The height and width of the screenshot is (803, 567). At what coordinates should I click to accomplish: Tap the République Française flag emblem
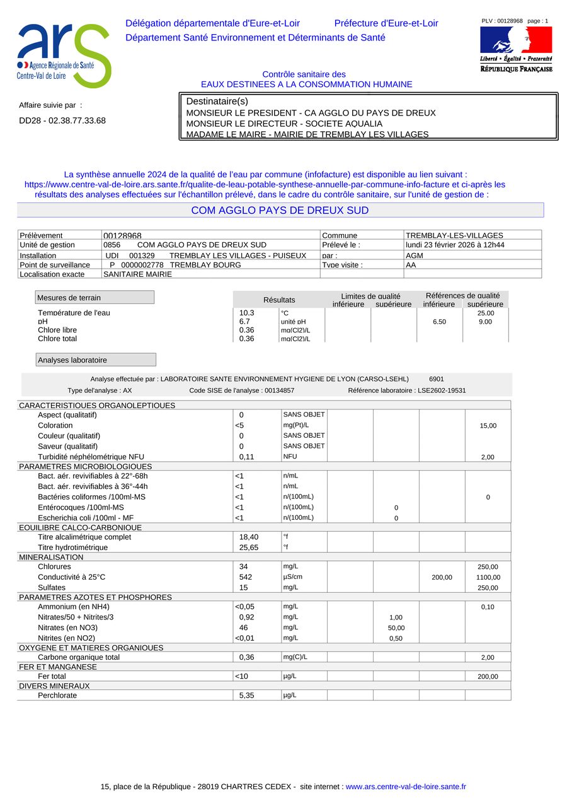coord(516,39)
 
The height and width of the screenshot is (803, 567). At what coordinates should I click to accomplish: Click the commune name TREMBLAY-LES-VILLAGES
coord(454,235)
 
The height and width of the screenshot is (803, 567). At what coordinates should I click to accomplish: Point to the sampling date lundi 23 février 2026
coord(455,245)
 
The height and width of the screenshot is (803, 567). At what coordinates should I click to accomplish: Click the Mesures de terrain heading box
coord(94,297)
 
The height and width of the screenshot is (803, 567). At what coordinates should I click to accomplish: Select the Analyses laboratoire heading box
coord(96,360)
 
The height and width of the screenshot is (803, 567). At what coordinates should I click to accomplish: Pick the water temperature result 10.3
coord(247,313)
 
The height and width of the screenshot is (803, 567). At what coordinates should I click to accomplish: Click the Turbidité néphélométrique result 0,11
coord(247,457)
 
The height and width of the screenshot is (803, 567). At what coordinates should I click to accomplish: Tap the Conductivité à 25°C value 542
coord(246,577)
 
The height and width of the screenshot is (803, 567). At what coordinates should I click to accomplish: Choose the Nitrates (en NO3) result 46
coord(244,628)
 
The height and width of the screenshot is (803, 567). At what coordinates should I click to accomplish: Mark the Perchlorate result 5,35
coord(247,695)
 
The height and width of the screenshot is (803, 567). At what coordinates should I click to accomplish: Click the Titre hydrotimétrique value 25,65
coord(249,548)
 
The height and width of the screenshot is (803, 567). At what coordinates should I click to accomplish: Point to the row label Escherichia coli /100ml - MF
coord(90,518)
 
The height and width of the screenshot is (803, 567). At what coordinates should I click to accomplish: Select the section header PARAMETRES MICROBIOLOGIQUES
coord(85,466)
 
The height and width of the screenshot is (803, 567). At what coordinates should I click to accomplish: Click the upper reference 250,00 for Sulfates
coord(488,587)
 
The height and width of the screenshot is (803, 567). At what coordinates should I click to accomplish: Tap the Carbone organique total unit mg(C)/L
coord(295,657)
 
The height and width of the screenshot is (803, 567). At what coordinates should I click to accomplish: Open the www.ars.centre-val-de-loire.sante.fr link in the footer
coord(406,787)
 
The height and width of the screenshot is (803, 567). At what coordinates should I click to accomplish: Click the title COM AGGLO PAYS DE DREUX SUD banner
coord(280,210)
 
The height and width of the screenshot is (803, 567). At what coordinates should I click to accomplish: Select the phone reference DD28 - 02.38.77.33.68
coord(62,120)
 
